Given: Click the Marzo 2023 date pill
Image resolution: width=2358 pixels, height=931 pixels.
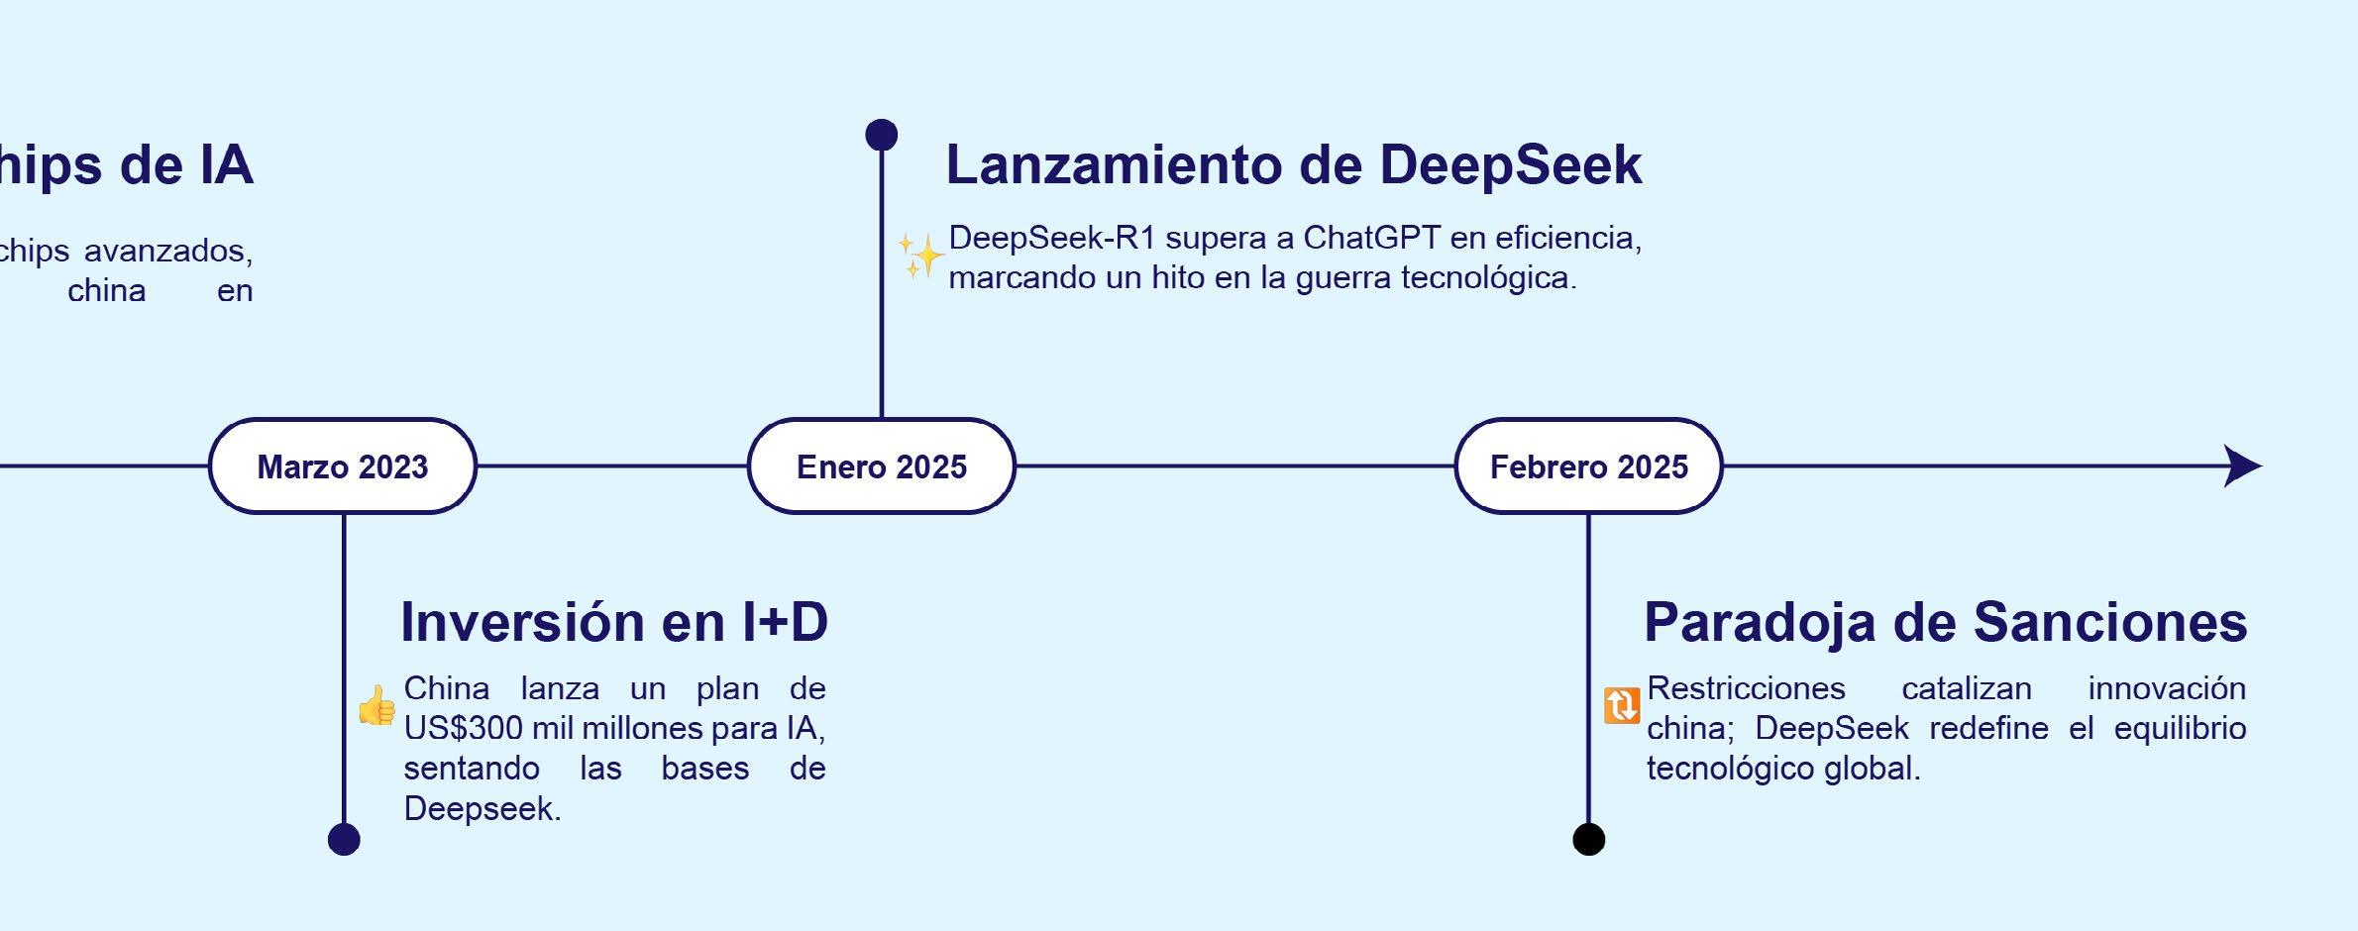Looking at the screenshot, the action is point(343,466).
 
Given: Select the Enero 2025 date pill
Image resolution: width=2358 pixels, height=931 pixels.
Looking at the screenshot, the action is point(882,466).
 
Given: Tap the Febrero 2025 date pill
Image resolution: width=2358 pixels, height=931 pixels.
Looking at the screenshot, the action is point(1589,466).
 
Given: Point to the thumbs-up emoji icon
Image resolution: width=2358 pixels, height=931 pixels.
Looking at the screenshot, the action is point(377,706).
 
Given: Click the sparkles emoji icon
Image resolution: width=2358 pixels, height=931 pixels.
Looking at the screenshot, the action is point(920,257).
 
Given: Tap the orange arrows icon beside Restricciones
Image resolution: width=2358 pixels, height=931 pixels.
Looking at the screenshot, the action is point(1622,706).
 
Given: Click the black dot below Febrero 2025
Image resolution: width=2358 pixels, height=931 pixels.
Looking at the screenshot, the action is point(1589,839).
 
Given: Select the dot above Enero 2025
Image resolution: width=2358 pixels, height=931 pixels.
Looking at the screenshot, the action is point(882,135).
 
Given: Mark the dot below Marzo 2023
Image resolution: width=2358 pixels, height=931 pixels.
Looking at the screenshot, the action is point(344,839).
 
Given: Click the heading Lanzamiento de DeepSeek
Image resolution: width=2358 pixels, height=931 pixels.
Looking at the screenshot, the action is point(1294,164).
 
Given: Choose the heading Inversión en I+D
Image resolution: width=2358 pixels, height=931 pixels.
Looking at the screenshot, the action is point(614,622).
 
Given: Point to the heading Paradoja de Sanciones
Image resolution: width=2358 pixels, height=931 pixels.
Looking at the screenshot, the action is point(1946,622).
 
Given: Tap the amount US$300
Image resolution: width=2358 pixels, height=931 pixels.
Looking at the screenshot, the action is point(463,728).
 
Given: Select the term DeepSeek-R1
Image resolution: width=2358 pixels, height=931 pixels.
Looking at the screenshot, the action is point(1052,238).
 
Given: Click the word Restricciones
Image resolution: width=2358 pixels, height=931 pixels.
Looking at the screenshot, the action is point(1746,688).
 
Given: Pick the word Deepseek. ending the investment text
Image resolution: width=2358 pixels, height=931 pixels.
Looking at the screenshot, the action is point(482,809).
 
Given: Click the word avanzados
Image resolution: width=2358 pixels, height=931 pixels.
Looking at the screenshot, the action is point(182,251).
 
